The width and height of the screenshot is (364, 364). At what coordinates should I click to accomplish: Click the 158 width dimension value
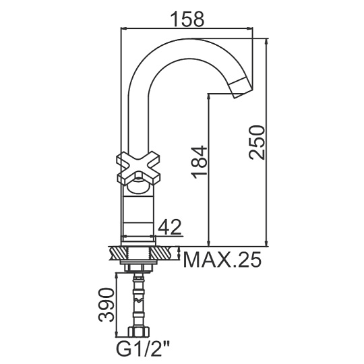click(187, 19)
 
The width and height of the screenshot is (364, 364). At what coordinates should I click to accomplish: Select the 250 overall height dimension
click(256, 142)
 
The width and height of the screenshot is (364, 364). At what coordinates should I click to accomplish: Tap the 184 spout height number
click(199, 162)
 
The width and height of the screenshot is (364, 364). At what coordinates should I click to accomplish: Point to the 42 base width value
click(169, 227)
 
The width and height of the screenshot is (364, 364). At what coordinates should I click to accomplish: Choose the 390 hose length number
click(107, 305)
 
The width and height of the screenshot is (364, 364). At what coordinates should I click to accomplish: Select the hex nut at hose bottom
click(139, 332)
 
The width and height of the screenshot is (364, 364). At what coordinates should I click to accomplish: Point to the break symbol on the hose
click(139, 300)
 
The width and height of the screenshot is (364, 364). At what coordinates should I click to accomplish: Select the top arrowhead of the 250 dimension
click(266, 41)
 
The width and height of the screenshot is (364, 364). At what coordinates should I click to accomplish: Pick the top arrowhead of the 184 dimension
click(209, 97)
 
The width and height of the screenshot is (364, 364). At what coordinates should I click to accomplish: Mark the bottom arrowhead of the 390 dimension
click(116, 334)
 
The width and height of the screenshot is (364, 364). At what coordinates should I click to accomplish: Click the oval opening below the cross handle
click(138, 187)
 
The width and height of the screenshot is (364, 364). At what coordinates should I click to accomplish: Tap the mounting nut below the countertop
click(139, 266)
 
